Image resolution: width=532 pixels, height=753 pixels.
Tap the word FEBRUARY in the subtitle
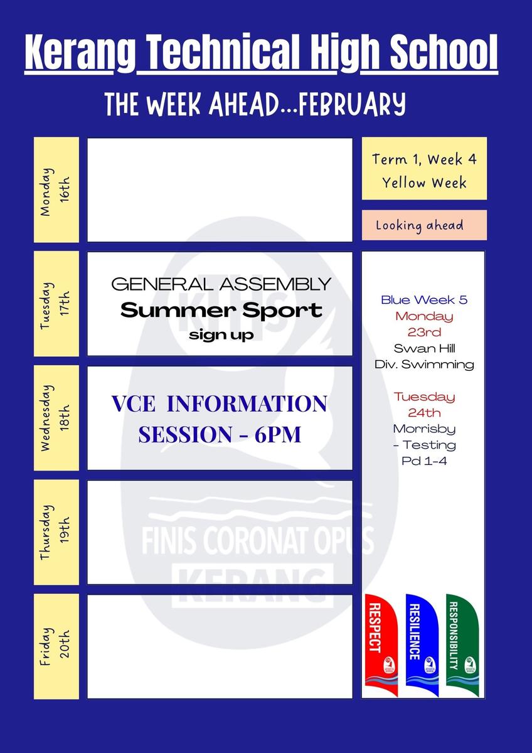[x=351, y=104]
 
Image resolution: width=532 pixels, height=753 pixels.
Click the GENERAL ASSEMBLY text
[x=221, y=284]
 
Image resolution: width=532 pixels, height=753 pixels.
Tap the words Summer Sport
[x=221, y=310]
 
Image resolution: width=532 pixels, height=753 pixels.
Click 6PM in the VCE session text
[x=277, y=434]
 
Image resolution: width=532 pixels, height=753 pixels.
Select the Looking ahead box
[x=424, y=225]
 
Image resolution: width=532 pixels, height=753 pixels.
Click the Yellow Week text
[x=424, y=183]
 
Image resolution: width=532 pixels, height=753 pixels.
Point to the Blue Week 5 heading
[x=424, y=299]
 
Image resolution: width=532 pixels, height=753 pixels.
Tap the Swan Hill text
[x=425, y=348]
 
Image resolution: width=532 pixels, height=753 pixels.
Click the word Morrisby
[x=424, y=429]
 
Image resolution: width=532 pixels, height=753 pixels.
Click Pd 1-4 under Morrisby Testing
[x=424, y=461]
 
